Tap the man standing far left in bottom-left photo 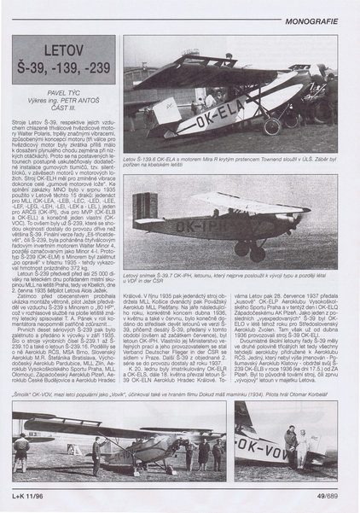coord(23,452)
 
